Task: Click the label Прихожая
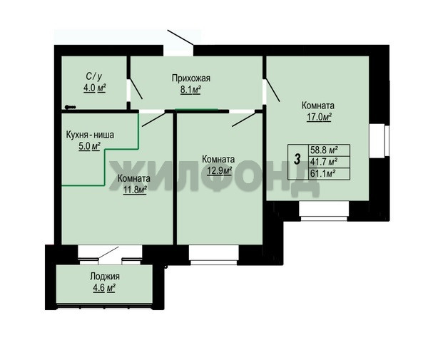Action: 191,78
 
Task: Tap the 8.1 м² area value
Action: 190,90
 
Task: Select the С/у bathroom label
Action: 94,76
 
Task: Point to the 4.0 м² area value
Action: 94,88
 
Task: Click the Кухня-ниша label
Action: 90,135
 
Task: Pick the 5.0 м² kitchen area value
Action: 90,146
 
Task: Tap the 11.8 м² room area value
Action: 135,190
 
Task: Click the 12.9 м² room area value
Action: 220,170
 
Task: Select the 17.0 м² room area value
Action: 319,117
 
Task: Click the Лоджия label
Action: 105,277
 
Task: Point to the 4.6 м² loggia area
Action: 104,288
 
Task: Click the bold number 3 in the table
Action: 297,159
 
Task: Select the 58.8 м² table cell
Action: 330,150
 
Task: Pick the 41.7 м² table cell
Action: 330,162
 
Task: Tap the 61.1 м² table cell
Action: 330,174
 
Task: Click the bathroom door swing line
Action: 136,89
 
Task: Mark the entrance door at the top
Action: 180,37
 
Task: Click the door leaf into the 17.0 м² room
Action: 273,90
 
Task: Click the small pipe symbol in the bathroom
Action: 71,107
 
